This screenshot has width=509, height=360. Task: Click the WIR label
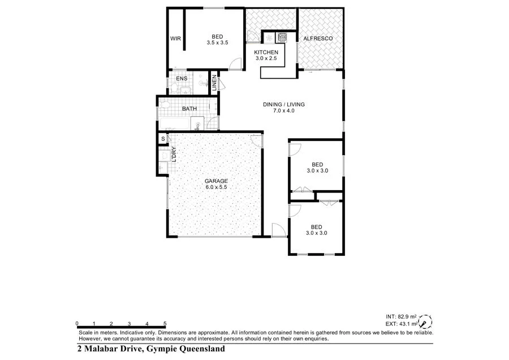[x=175, y=38]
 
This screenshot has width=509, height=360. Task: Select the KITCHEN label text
[x=266, y=52]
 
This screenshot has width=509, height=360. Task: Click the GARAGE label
[x=217, y=181]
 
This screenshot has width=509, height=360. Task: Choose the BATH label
[x=189, y=109]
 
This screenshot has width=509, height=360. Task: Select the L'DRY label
[x=174, y=154]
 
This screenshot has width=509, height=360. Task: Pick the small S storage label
[x=163, y=139]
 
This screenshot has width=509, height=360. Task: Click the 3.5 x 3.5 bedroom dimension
[x=217, y=42]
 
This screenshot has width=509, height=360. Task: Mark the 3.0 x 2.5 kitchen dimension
[x=266, y=58]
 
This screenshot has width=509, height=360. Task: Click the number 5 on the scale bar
[x=165, y=323]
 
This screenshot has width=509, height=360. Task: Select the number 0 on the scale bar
[x=77, y=323]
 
